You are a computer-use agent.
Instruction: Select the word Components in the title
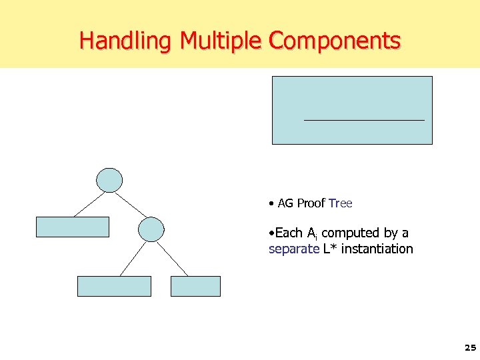(334, 41)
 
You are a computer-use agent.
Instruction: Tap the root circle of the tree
(110, 180)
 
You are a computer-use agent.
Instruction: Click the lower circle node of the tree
(151, 229)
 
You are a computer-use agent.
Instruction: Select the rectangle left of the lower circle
(72, 227)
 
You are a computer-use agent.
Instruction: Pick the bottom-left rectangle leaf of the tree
(115, 286)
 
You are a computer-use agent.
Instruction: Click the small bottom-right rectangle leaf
(195, 286)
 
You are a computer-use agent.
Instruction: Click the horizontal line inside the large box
(363, 120)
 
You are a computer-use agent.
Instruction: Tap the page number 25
(470, 348)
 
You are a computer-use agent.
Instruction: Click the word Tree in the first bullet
(341, 203)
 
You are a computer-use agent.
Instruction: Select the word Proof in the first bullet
(311, 203)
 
